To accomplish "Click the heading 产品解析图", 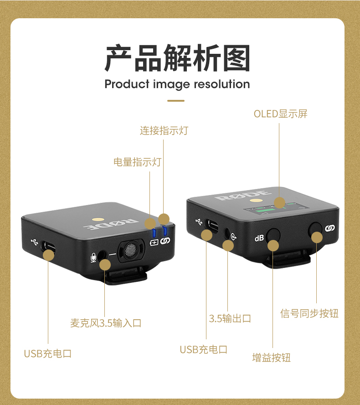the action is pyautogui.click(x=177, y=58).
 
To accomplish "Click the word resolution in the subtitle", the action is pyautogui.click(x=221, y=84).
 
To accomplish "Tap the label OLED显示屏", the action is pyautogui.click(x=281, y=114).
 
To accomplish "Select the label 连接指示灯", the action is pyautogui.click(x=164, y=130).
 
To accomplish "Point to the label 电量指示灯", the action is pyautogui.click(x=138, y=162).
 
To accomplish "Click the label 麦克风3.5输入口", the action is pyautogui.click(x=106, y=323).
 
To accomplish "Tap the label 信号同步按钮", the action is pyautogui.click(x=309, y=313).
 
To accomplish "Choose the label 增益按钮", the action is pyautogui.click(x=272, y=358).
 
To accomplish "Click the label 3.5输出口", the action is pyautogui.click(x=230, y=318).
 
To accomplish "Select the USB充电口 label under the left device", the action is pyautogui.click(x=48, y=353).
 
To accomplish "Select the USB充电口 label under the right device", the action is pyautogui.click(x=204, y=349).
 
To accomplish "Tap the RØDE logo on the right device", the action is pyautogui.click(x=243, y=195).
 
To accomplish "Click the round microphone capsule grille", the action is pyautogui.click(x=131, y=250).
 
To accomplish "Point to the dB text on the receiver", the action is pyautogui.click(x=259, y=238).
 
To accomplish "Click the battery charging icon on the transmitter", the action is pyautogui.click(x=154, y=243).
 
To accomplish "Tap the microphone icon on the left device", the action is pyautogui.click(x=93, y=258).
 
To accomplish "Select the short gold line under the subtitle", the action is pyautogui.click(x=176, y=101).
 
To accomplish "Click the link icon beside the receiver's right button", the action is pyautogui.click(x=329, y=228).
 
